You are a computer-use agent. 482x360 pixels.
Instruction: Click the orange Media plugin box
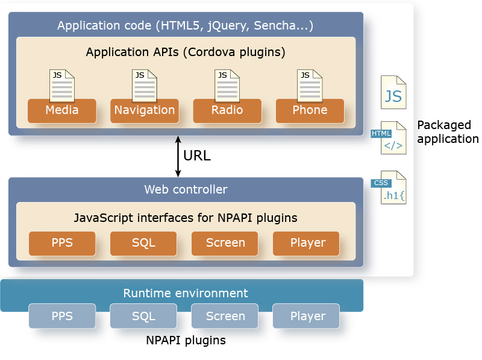(62, 110)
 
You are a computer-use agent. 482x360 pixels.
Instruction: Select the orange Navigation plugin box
(145, 110)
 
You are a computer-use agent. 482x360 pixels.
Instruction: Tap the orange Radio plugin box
(227, 110)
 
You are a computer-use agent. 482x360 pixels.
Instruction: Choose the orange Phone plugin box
(310, 110)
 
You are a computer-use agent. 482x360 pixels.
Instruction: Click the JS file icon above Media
(62, 86)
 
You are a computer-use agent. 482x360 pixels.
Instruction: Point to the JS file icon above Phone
(310, 86)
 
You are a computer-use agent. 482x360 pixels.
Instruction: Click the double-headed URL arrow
(178, 156)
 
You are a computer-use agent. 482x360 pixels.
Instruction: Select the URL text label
(196, 156)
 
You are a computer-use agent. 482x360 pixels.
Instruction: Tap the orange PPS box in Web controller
(62, 243)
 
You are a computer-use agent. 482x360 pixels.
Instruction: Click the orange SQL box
(143, 243)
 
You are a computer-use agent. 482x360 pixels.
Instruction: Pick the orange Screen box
(225, 243)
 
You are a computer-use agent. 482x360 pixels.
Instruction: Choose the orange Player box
(307, 243)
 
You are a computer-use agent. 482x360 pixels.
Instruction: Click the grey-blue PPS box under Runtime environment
(62, 316)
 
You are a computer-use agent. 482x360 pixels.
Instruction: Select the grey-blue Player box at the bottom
(307, 316)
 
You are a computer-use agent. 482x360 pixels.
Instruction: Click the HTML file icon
(392, 141)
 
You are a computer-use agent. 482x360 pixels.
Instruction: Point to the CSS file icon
(392, 189)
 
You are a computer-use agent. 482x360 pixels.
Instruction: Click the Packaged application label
(448, 132)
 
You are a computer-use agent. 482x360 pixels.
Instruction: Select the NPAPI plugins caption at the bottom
(186, 340)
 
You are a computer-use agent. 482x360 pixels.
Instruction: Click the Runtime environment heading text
(186, 294)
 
